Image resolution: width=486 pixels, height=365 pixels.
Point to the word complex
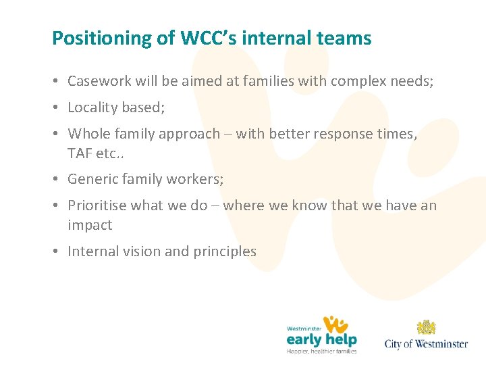coord(360,82)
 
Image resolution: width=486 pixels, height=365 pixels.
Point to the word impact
coord(90,224)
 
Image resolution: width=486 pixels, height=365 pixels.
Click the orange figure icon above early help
coord(335,324)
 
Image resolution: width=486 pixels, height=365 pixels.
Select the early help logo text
coord(321,338)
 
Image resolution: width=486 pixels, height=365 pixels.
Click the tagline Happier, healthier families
coord(321,351)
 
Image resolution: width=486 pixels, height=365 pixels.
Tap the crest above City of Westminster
coord(426,328)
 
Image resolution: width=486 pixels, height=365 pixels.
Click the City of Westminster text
coord(426,344)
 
